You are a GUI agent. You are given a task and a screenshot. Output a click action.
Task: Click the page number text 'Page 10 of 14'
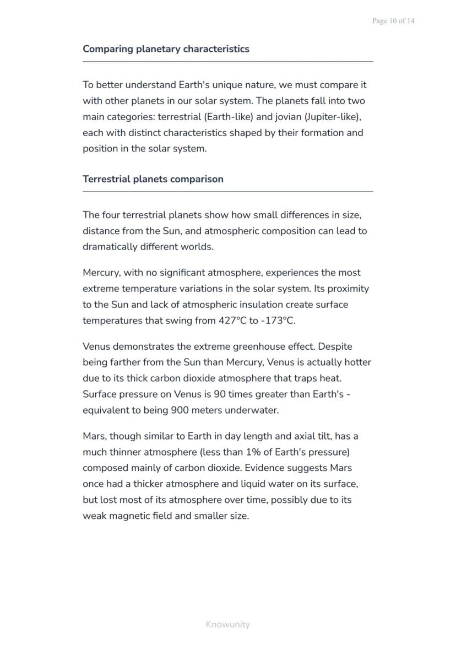[393, 21]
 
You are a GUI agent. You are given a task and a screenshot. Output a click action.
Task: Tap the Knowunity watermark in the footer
[227, 624]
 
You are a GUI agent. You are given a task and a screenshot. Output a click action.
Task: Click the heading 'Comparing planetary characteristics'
[166, 49]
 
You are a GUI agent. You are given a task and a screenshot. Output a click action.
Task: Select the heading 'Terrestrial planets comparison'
[153, 179]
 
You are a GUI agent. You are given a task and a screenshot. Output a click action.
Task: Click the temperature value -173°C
[278, 321]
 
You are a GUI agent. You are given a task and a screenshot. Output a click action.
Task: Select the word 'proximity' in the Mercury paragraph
[348, 289]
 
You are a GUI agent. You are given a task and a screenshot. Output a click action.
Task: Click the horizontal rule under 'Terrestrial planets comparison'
[228, 192]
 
